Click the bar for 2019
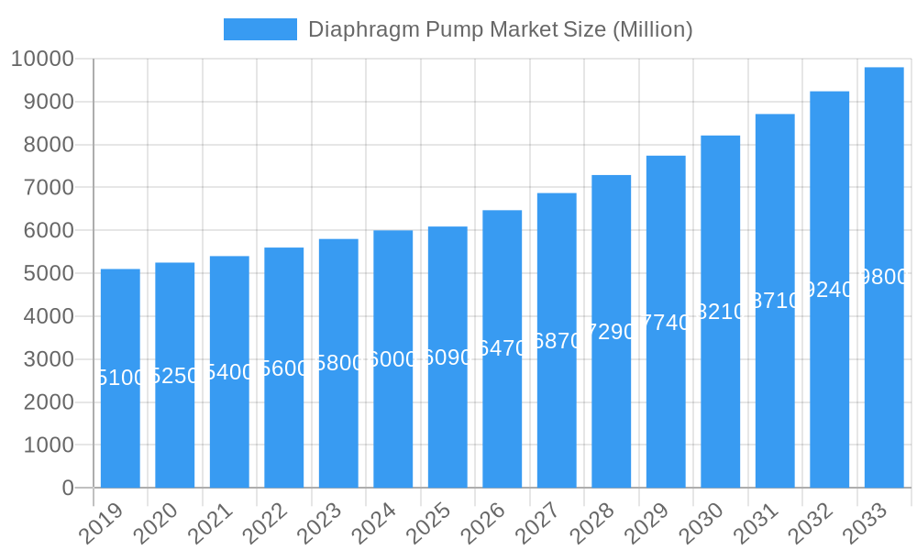point(120,378)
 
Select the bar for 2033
point(884,277)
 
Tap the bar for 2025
point(447,357)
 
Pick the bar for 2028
point(611,331)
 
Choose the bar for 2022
point(283,367)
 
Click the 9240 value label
point(829,290)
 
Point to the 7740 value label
point(666,322)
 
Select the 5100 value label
point(120,378)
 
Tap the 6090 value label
point(447,357)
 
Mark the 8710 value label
point(775,301)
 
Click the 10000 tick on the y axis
point(42,60)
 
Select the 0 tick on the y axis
point(67,489)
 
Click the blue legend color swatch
point(260,29)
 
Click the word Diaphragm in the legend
point(364,29)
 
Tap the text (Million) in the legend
point(652,29)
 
